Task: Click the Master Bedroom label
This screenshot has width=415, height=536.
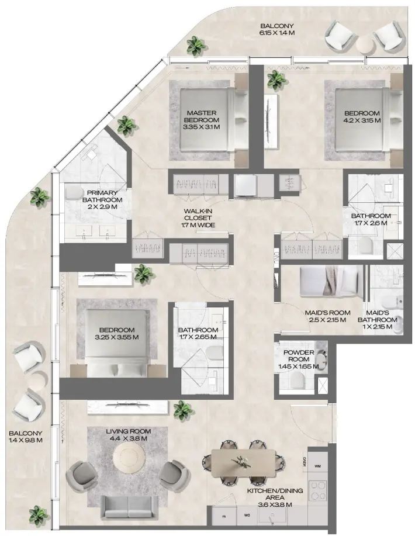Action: pyautogui.click(x=203, y=116)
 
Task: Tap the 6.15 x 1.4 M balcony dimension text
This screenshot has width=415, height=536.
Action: pyautogui.click(x=277, y=33)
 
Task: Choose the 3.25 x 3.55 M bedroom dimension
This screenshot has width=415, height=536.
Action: pyautogui.click(x=117, y=337)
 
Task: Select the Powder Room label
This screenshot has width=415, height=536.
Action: pyautogui.click(x=299, y=356)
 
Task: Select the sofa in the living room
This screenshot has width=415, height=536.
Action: pyautogui.click(x=129, y=507)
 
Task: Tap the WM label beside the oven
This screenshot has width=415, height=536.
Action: pyautogui.click(x=318, y=466)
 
